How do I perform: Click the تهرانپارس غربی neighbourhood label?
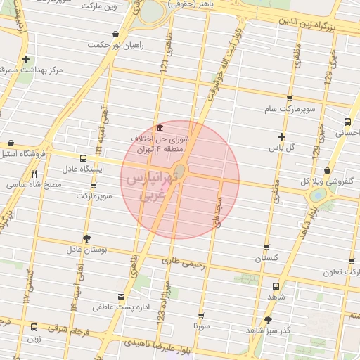pyautogui.click(x=150, y=187)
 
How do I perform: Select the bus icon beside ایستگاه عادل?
pyautogui.click(x=84, y=158)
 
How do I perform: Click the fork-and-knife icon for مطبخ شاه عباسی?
pyautogui.click(x=33, y=174)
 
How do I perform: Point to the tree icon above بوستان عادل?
pyautogui.click(x=86, y=238)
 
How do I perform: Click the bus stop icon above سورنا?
pyautogui.click(x=201, y=316)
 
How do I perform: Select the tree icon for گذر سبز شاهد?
pyautogui.click(x=268, y=320)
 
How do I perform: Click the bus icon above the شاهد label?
pyautogui.click(x=275, y=286)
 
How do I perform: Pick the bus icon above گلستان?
pyautogui.click(x=266, y=247)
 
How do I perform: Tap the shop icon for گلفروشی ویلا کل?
pyautogui.click(x=328, y=171)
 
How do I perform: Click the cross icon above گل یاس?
pyautogui.click(x=282, y=136)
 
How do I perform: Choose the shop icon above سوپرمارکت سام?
pyautogui.click(x=290, y=98)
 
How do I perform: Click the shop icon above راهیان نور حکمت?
pyautogui.click(x=115, y=34)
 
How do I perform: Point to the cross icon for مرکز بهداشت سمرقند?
pyautogui.click(x=26, y=60)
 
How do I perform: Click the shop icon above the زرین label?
pyautogui.click(x=34, y=326)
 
